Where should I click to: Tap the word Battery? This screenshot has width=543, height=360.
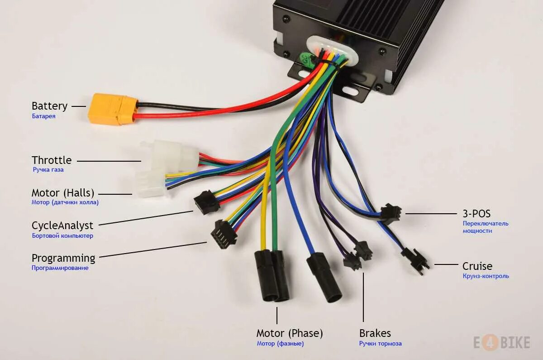click(x=49, y=106)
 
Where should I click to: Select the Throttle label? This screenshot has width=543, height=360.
click(x=52, y=160)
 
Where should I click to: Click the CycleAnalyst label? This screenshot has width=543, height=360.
click(x=62, y=226)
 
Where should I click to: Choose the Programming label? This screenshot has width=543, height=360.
click(x=63, y=258)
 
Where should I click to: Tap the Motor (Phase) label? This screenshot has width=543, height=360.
click(x=290, y=334)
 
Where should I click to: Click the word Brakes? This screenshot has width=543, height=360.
click(x=375, y=334)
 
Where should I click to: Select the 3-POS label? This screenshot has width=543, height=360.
click(x=476, y=213)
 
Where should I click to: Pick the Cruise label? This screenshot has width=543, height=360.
click(x=477, y=266)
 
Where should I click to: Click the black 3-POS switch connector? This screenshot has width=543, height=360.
click(x=390, y=214)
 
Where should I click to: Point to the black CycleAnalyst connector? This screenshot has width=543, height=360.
click(x=207, y=202)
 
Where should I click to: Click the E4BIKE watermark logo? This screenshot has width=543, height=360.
click(x=501, y=343)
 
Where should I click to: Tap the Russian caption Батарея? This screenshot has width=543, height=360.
click(x=43, y=116)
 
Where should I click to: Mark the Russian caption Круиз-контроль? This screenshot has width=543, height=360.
click(x=486, y=276)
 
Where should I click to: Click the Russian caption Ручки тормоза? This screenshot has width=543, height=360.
click(x=380, y=344)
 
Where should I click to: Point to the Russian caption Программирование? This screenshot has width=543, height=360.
click(x=60, y=268)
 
